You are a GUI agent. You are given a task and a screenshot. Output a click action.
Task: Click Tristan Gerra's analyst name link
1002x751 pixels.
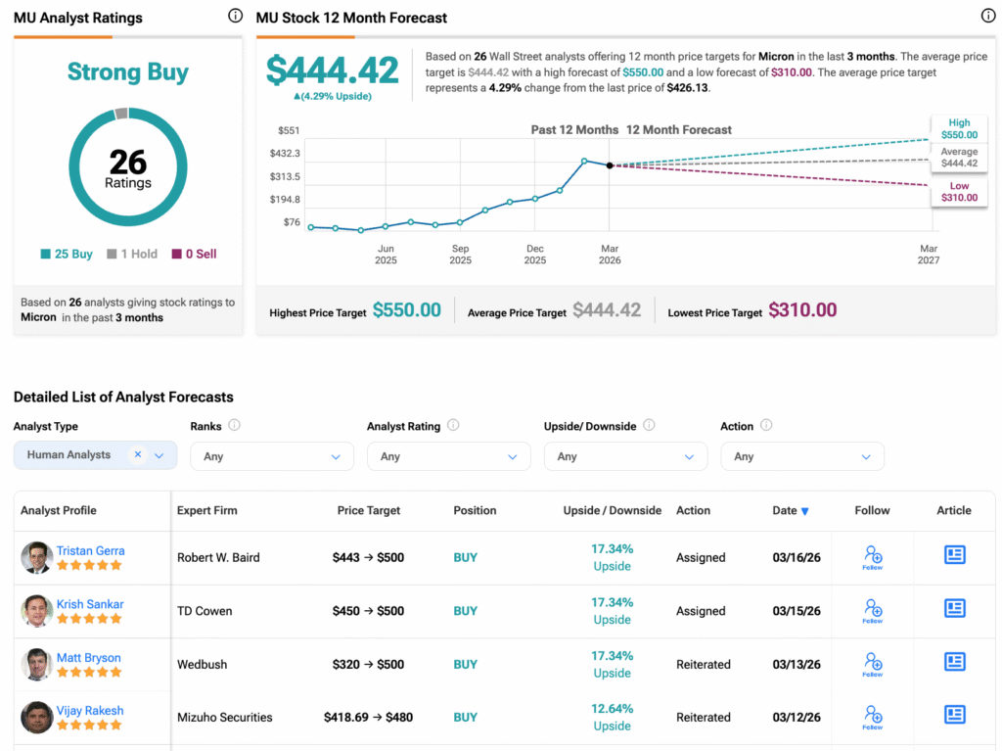pyautogui.click(x=90, y=550)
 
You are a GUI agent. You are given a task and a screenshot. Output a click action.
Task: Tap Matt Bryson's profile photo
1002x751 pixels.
pyautogui.click(x=36, y=665)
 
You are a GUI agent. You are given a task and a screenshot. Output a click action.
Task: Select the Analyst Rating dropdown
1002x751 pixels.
pyautogui.click(x=448, y=456)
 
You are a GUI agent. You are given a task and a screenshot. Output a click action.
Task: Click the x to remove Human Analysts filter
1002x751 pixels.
pyautogui.click(x=138, y=454)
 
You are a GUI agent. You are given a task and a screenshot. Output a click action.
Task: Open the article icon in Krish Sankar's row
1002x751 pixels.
pyautogui.click(x=954, y=608)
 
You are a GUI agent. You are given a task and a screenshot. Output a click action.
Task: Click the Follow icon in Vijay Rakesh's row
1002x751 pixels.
pyautogui.click(x=872, y=717)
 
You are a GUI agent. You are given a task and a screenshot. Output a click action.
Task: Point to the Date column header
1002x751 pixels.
pyautogui.click(x=790, y=510)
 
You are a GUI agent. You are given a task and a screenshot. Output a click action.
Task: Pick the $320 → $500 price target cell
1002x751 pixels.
pyautogui.click(x=368, y=664)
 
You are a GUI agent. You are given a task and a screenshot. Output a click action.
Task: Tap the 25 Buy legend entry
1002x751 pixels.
pyautogui.click(x=67, y=254)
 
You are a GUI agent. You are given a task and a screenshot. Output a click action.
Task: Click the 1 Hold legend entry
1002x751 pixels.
pyautogui.click(x=131, y=254)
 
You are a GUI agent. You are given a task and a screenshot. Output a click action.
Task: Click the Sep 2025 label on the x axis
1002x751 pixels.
pyautogui.click(x=460, y=255)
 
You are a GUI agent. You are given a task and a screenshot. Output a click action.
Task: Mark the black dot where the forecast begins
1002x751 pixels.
pyautogui.click(x=610, y=165)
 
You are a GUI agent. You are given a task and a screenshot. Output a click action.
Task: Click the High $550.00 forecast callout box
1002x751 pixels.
pyautogui.click(x=958, y=129)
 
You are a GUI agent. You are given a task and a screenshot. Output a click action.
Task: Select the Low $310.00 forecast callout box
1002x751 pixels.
pyautogui.click(x=958, y=192)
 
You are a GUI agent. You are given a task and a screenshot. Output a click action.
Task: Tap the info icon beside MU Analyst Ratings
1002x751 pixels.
pyautogui.click(x=235, y=16)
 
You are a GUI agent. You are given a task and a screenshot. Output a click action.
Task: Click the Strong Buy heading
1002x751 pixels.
pyautogui.click(x=128, y=72)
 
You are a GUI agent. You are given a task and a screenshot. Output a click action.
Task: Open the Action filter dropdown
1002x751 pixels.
pyautogui.click(x=801, y=456)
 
